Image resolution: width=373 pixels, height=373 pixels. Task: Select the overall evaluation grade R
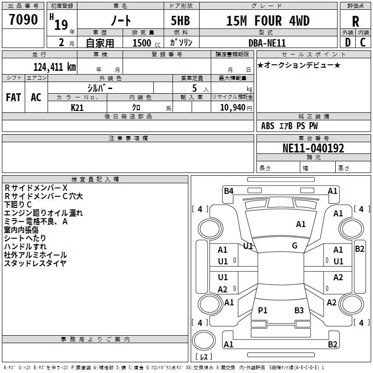[x=355, y=21]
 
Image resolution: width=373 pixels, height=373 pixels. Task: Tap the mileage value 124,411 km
[x=55, y=67]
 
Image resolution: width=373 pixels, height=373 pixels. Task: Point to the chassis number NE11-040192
[x=313, y=149]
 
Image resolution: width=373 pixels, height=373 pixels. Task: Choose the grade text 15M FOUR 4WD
[x=268, y=21]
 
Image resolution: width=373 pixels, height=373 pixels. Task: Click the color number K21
[x=77, y=107]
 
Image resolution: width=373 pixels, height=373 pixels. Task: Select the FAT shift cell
[x=13, y=97]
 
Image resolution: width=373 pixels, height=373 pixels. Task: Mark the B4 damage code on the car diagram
[x=228, y=191]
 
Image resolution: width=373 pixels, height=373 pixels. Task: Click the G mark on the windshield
[x=294, y=246]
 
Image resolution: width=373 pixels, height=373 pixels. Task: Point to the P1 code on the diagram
[x=262, y=311]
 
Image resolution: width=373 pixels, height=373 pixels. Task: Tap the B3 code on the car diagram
[x=299, y=311]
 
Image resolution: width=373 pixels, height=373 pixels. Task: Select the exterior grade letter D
[x=347, y=42]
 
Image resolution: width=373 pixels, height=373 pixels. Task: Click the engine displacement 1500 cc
[x=144, y=43]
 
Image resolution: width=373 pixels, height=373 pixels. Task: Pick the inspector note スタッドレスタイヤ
[x=35, y=263]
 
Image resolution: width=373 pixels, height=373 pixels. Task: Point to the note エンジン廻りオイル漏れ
[x=43, y=213]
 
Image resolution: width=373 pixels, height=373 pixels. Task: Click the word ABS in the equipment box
[x=268, y=126]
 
